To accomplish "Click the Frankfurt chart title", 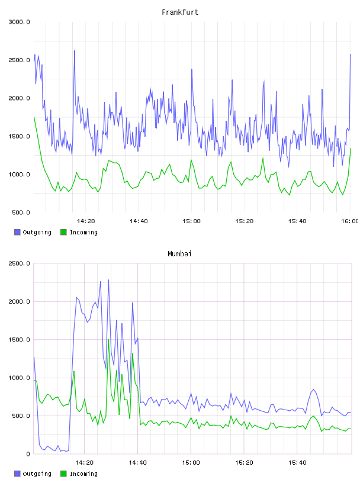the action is [180, 12].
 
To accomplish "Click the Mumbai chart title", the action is [179, 254].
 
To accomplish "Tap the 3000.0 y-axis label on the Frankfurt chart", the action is [19, 22].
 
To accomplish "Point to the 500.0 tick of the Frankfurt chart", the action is [21, 212].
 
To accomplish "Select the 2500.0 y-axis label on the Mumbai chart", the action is [19, 263].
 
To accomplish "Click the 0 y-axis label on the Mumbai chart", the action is [28, 454].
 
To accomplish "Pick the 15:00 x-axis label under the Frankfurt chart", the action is [191, 221].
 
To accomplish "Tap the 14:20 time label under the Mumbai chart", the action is [84, 463].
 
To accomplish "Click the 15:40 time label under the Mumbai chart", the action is [297, 463].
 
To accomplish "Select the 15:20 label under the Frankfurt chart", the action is [245, 221].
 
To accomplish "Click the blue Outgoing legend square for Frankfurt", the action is [17, 232].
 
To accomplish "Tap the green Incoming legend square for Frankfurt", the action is [63, 232].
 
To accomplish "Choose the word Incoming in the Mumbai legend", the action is [83, 474].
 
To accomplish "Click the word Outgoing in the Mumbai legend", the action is [37, 474].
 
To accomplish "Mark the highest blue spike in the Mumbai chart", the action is [108, 280].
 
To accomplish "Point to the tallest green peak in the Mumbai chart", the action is [108, 339].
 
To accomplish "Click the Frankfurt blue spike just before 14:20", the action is [74, 51].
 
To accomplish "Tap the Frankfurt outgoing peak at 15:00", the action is [192, 69].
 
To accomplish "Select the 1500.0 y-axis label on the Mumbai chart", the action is [19, 340].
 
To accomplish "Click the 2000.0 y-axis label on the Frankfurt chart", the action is [19, 98].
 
